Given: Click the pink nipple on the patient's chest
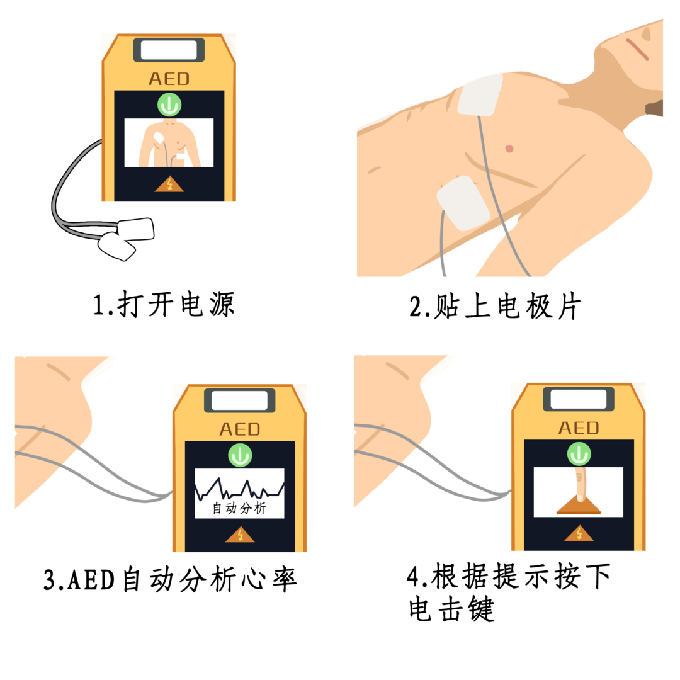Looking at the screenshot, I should [x=509, y=149].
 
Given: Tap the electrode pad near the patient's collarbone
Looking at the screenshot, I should [x=481, y=94].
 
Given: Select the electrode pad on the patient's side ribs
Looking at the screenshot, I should [x=464, y=203].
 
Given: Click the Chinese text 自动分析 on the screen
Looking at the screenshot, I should [x=239, y=508].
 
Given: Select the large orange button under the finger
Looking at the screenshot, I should [x=579, y=506].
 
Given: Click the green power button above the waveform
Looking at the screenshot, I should [x=240, y=455].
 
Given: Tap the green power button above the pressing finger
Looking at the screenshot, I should [x=579, y=454].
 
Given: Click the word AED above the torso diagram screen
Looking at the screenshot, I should [x=169, y=79].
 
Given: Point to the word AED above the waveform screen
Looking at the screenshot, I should [x=240, y=430].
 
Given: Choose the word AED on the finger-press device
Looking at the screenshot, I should [x=579, y=429].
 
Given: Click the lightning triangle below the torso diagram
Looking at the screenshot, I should [x=169, y=184].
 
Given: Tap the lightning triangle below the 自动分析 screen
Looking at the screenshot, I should [x=240, y=535].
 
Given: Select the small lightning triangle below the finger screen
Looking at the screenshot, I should [x=579, y=534].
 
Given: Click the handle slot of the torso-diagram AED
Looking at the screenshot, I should [x=169, y=50].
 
